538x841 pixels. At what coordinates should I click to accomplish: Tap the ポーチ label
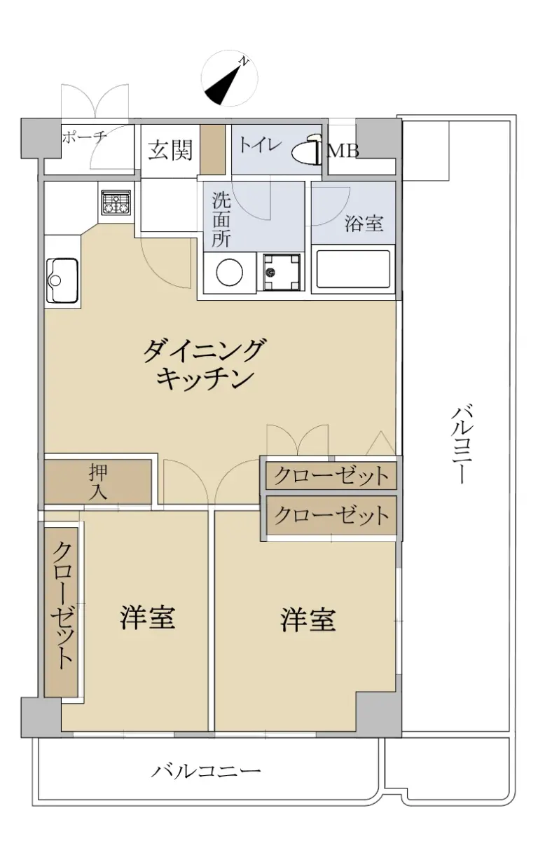coord(85,137)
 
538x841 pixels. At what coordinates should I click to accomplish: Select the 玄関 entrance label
coord(170,150)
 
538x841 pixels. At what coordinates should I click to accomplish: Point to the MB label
coord(343,151)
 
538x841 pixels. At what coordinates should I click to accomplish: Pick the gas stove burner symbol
coord(116,203)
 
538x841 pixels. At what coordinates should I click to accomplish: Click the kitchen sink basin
coord(62,280)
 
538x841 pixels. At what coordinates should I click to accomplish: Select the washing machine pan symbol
coord(282,272)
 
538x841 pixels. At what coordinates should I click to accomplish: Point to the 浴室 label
coord(364,224)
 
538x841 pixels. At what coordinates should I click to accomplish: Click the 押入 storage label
coord(98,481)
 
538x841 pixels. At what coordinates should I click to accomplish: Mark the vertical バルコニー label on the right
coord(460,444)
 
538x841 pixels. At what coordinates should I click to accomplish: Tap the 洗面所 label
coord(221,219)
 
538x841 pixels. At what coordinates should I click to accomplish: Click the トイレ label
coord(260,145)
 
